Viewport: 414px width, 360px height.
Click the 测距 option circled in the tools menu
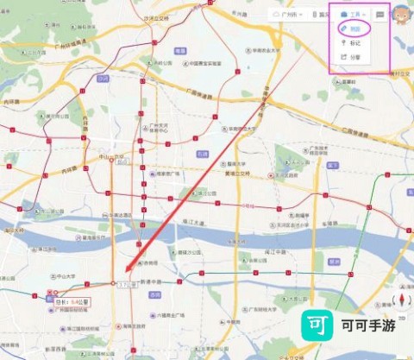click(x=354, y=28)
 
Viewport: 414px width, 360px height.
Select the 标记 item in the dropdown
click(x=354, y=43)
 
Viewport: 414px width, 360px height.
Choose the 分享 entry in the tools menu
click(x=354, y=57)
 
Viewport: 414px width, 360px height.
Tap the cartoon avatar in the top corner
click(x=401, y=15)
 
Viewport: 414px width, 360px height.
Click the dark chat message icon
click(x=379, y=15)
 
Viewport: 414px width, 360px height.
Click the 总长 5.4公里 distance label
click(x=72, y=301)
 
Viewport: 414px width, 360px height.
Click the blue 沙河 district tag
click(x=103, y=78)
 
